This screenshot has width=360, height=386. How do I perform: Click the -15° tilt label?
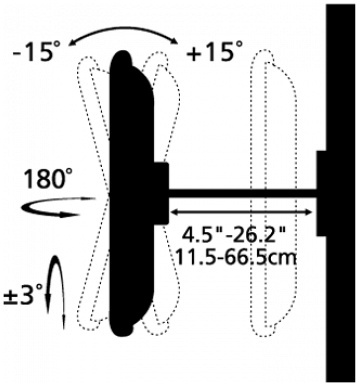pyautogui.click(x=37, y=52)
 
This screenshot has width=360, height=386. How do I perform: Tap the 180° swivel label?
pyautogui.click(x=48, y=179)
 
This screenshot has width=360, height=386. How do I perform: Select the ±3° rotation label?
pyautogui.click(x=24, y=296)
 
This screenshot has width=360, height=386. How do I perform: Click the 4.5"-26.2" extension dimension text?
pyautogui.click(x=234, y=236)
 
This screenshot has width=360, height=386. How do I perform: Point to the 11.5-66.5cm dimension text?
pyautogui.click(x=236, y=257)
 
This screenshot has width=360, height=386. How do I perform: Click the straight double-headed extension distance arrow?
pyautogui.click(x=241, y=212)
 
